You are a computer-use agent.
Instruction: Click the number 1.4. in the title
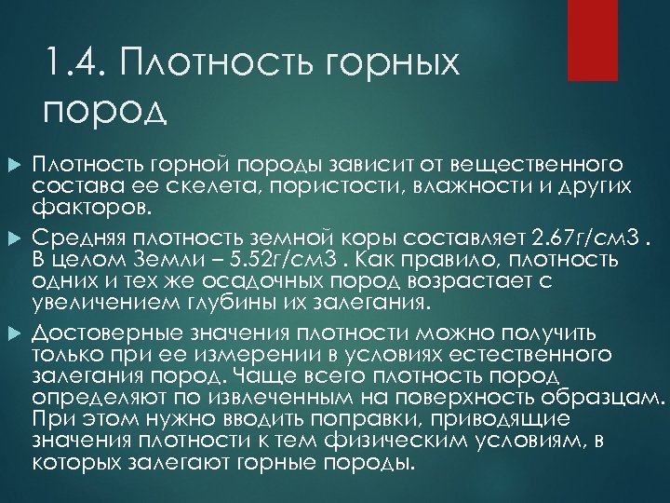[79, 67]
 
